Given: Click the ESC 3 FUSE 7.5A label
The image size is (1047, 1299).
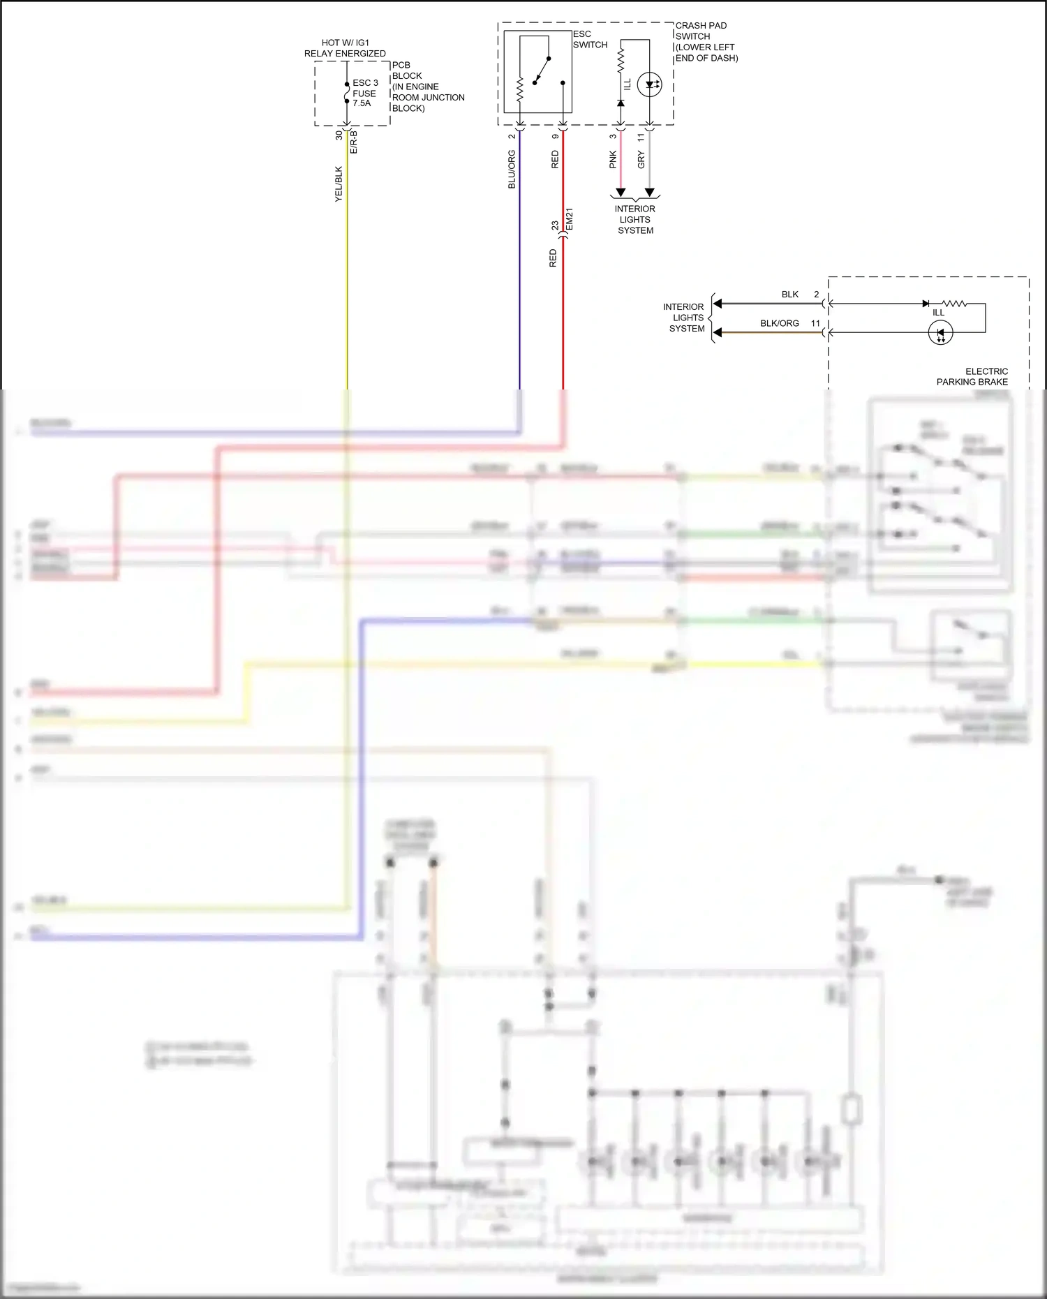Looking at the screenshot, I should click(x=365, y=93).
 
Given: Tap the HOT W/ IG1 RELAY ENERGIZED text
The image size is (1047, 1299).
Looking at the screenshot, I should click(x=345, y=48).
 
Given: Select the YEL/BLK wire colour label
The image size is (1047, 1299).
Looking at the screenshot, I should click(x=339, y=184).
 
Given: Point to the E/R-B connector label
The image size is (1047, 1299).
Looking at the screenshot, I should click(x=354, y=142).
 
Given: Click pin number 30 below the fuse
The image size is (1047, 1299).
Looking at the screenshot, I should click(x=339, y=135).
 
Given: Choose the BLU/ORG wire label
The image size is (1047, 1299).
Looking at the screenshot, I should click(x=512, y=170).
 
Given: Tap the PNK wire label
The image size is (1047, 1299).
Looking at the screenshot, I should click(x=613, y=160).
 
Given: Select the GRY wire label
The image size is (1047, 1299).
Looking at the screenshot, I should click(x=641, y=160).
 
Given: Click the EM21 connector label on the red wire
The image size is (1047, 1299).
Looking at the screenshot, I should click(x=570, y=219).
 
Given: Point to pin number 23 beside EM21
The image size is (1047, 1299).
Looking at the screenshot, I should click(x=555, y=225).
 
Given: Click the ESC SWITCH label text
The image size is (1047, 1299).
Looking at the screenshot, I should click(x=590, y=39).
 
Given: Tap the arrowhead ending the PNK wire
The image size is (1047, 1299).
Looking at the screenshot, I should click(x=621, y=193).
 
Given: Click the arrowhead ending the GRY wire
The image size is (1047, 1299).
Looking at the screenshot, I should click(x=649, y=193).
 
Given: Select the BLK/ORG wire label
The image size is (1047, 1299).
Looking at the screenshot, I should click(x=779, y=324).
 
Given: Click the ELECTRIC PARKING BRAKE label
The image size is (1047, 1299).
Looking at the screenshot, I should click(x=972, y=377).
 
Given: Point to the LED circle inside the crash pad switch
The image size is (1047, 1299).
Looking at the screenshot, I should click(x=650, y=84).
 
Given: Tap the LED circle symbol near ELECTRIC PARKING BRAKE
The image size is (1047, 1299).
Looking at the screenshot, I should click(x=940, y=333).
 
